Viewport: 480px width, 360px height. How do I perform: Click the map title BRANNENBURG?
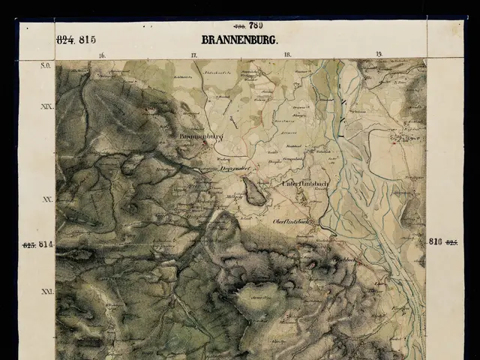tap(239, 40)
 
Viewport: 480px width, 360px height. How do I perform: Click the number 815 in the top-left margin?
tap(87, 40)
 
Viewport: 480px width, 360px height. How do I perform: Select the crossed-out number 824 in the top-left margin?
tap(66, 40)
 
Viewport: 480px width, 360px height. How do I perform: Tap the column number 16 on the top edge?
tap(101, 55)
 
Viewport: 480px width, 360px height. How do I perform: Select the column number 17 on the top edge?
tap(193, 55)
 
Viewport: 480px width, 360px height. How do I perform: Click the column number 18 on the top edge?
tap(286, 55)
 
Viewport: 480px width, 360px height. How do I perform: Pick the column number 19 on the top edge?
tap(379, 55)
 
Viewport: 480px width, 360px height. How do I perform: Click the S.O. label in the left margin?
tap(45, 66)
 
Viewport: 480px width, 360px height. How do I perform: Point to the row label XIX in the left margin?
tap(46, 107)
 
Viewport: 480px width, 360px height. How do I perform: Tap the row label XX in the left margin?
tap(46, 200)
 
